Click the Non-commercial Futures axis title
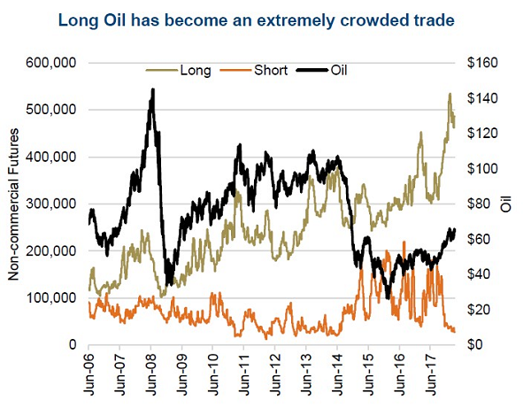15,203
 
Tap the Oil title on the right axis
506,204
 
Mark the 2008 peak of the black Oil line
153,89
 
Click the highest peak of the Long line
450,94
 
